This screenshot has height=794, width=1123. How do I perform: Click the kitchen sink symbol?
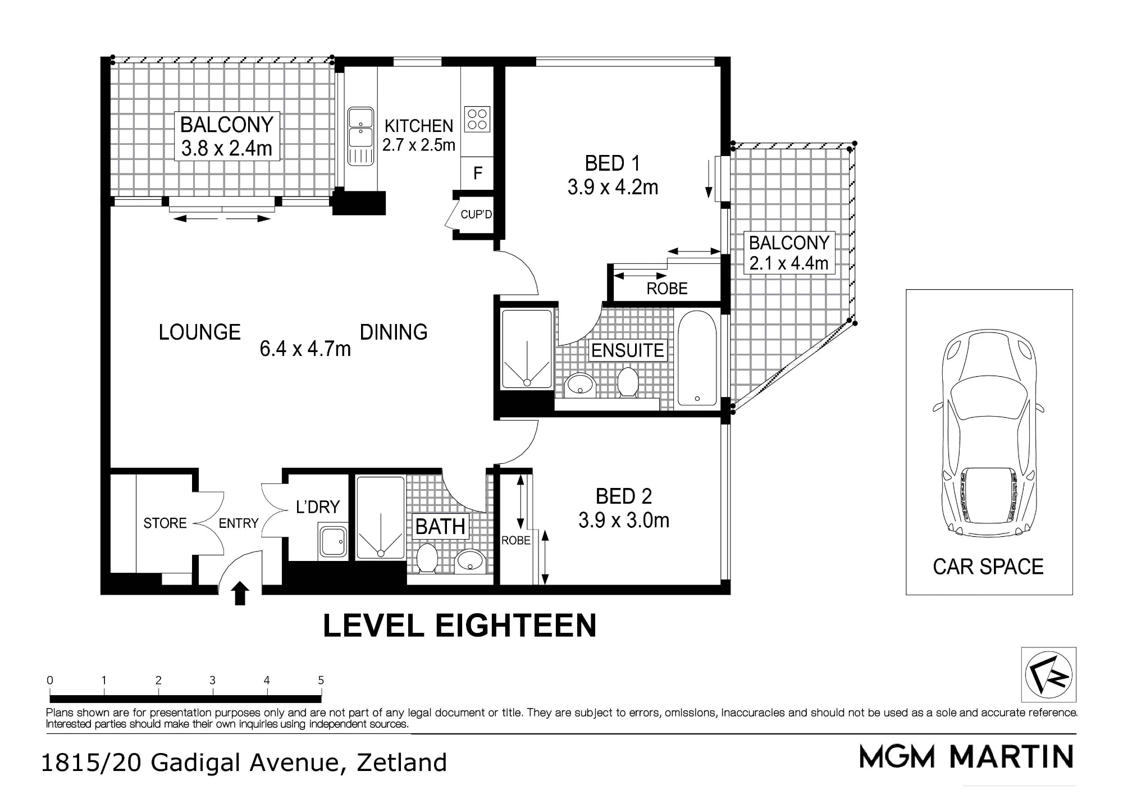pyautogui.click(x=360, y=137)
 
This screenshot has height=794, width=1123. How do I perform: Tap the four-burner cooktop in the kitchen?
pyautogui.click(x=477, y=119)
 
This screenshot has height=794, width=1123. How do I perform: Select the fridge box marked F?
pyautogui.click(x=477, y=173)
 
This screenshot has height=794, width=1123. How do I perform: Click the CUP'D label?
pyautogui.click(x=476, y=215)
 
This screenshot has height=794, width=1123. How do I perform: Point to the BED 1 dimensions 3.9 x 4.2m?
pyautogui.click(x=613, y=187)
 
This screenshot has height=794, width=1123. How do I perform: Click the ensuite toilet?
pyautogui.click(x=628, y=382)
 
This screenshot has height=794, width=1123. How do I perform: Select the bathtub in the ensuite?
pyautogui.click(x=697, y=358)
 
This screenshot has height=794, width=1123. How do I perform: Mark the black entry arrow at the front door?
pyautogui.click(x=240, y=593)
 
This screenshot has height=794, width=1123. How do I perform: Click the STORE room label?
pyautogui.click(x=165, y=523)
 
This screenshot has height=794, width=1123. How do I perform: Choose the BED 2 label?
pyautogui.click(x=624, y=496)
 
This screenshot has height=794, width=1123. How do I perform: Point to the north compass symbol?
pyautogui.click(x=1048, y=674)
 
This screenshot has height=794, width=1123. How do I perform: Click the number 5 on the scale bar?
pyautogui.click(x=321, y=680)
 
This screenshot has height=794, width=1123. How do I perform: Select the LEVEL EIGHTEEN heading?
pyautogui.click(x=459, y=626)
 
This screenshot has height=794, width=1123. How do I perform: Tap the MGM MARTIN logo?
pyautogui.click(x=966, y=756)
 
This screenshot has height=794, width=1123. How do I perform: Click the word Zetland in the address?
pyautogui.click(x=402, y=763)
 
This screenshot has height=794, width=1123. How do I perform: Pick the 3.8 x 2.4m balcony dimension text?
pyautogui.click(x=227, y=148)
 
